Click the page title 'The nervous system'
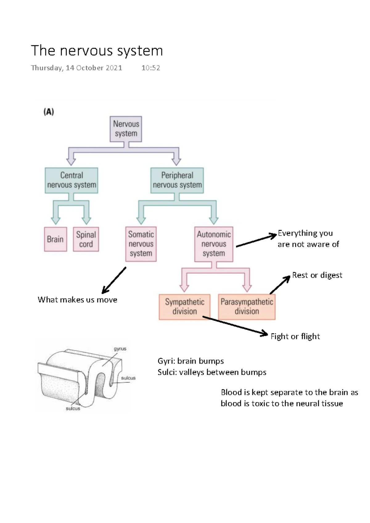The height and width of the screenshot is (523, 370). pyautogui.click(x=97, y=51)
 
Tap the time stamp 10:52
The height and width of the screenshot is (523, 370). pyautogui.click(x=150, y=68)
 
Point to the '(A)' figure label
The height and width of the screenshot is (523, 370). pyautogui.click(x=49, y=112)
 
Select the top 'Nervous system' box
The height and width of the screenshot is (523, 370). pyautogui.click(x=126, y=129)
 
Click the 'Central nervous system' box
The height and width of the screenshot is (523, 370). pyautogui.click(x=72, y=180)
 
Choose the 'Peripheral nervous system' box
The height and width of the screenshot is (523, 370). pyautogui.click(x=177, y=180)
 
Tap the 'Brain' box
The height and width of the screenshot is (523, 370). pyautogui.click(x=55, y=239)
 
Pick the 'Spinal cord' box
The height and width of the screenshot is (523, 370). pyautogui.click(x=86, y=239)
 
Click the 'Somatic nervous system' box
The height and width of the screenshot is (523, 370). pyautogui.click(x=141, y=244)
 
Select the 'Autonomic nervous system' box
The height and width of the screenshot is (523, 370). pyautogui.click(x=214, y=244)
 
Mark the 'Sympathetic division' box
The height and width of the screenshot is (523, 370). pyautogui.click(x=184, y=307)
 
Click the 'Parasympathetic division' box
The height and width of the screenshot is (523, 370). pyautogui.click(x=247, y=307)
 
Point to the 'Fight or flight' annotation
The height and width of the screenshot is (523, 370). pyautogui.click(x=295, y=336)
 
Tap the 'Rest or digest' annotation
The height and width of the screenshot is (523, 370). pyautogui.click(x=317, y=275)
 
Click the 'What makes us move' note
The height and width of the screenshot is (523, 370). pyautogui.click(x=77, y=300)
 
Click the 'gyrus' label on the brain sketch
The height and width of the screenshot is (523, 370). pyautogui.click(x=120, y=349)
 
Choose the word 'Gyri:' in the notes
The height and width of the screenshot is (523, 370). pyautogui.click(x=166, y=361)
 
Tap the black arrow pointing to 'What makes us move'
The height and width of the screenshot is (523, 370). pyautogui.click(x=114, y=280)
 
